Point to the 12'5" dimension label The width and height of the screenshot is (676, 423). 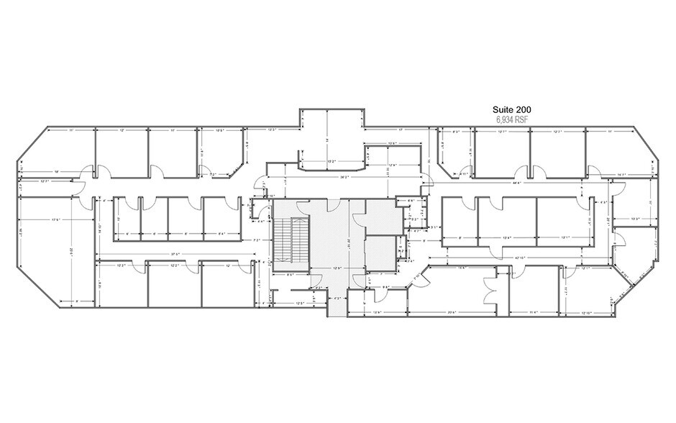(302, 303)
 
